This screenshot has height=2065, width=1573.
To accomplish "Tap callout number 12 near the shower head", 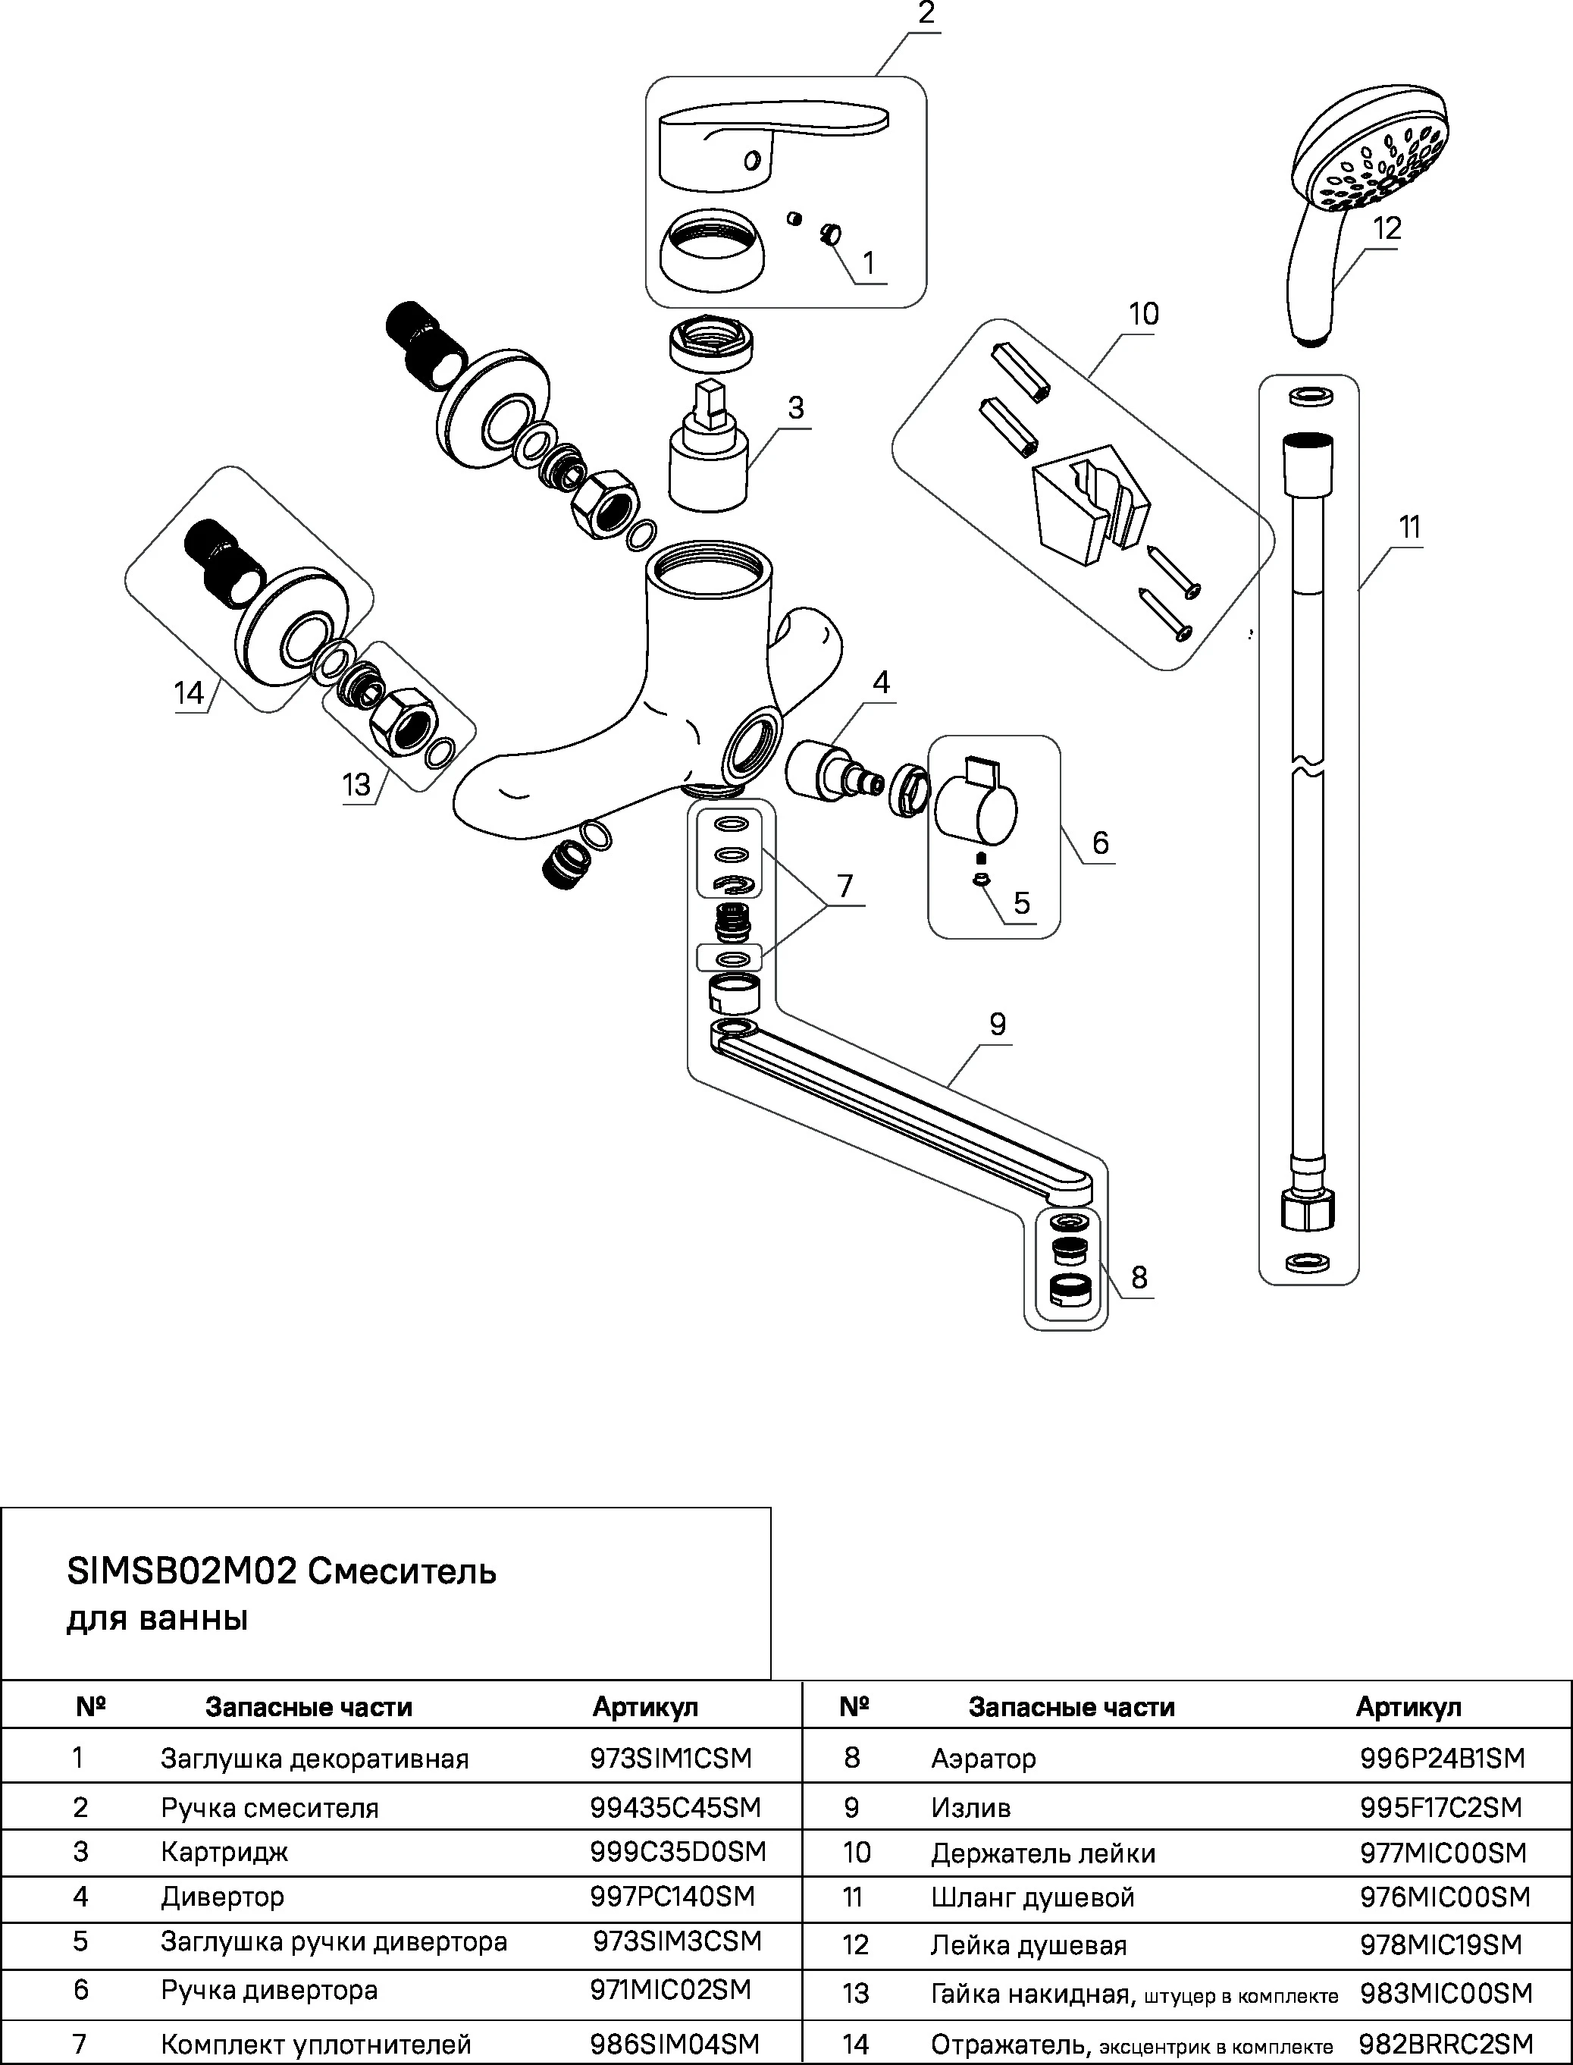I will point(1387,228).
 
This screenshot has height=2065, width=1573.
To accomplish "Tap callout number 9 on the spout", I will point(997,1024).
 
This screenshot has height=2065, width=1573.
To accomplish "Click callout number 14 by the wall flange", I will point(188,693).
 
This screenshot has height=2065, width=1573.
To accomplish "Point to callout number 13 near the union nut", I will point(356,784).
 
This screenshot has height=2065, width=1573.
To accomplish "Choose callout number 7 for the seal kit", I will point(845,885).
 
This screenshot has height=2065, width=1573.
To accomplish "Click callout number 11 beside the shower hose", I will point(1409,527).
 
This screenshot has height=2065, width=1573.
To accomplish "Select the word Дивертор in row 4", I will point(222,1897).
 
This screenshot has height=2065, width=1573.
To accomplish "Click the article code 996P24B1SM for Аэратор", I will point(1442,1759).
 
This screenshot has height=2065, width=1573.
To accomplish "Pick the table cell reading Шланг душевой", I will point(1032,1897).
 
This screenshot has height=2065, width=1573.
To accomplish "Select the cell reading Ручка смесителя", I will point(270,1807).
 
